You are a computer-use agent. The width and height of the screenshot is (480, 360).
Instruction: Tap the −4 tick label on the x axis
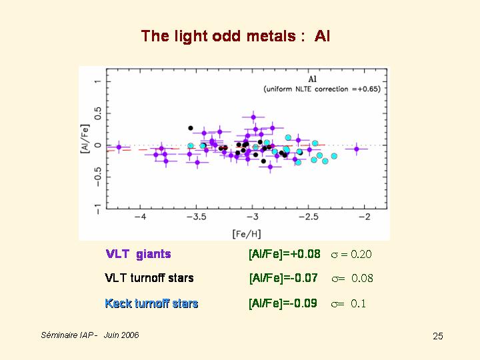coord(139,218)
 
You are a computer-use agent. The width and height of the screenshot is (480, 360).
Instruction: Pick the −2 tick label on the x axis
coord(364,218)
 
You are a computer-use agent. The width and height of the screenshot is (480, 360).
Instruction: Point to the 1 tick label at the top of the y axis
coord(97,82)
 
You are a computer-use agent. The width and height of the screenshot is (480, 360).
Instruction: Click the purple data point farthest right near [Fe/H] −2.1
coord(357,149)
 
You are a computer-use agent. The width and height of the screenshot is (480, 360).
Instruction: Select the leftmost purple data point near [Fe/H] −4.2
coord(119,147)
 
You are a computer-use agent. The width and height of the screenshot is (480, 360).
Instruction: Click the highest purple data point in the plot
coord(253,117)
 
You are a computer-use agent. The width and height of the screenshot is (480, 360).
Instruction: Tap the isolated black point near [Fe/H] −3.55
coord(191,128)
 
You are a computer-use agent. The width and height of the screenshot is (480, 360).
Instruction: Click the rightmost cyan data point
coord(335,156)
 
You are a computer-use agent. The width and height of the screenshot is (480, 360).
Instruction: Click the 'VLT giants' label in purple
coord(138,254)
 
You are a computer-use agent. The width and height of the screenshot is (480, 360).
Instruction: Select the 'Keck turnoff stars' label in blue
coord(151,303)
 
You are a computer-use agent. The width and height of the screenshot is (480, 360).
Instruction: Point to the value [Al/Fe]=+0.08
coord(284,254)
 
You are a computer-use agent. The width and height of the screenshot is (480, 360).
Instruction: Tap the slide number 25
coord(437,336)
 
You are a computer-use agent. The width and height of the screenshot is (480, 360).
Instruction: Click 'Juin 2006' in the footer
coord(121,335)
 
